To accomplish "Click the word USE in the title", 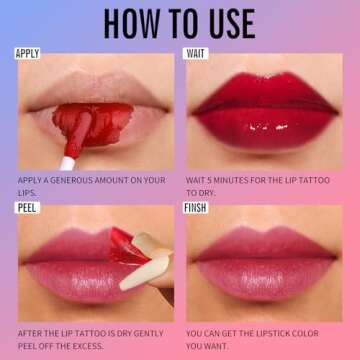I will point(229,21).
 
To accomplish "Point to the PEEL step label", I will point(26,207).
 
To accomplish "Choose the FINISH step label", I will point(198,207).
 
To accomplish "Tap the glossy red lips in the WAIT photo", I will point(264,108).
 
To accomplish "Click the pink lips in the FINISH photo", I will point(264,265).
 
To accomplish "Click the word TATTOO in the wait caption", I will point(317,180).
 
